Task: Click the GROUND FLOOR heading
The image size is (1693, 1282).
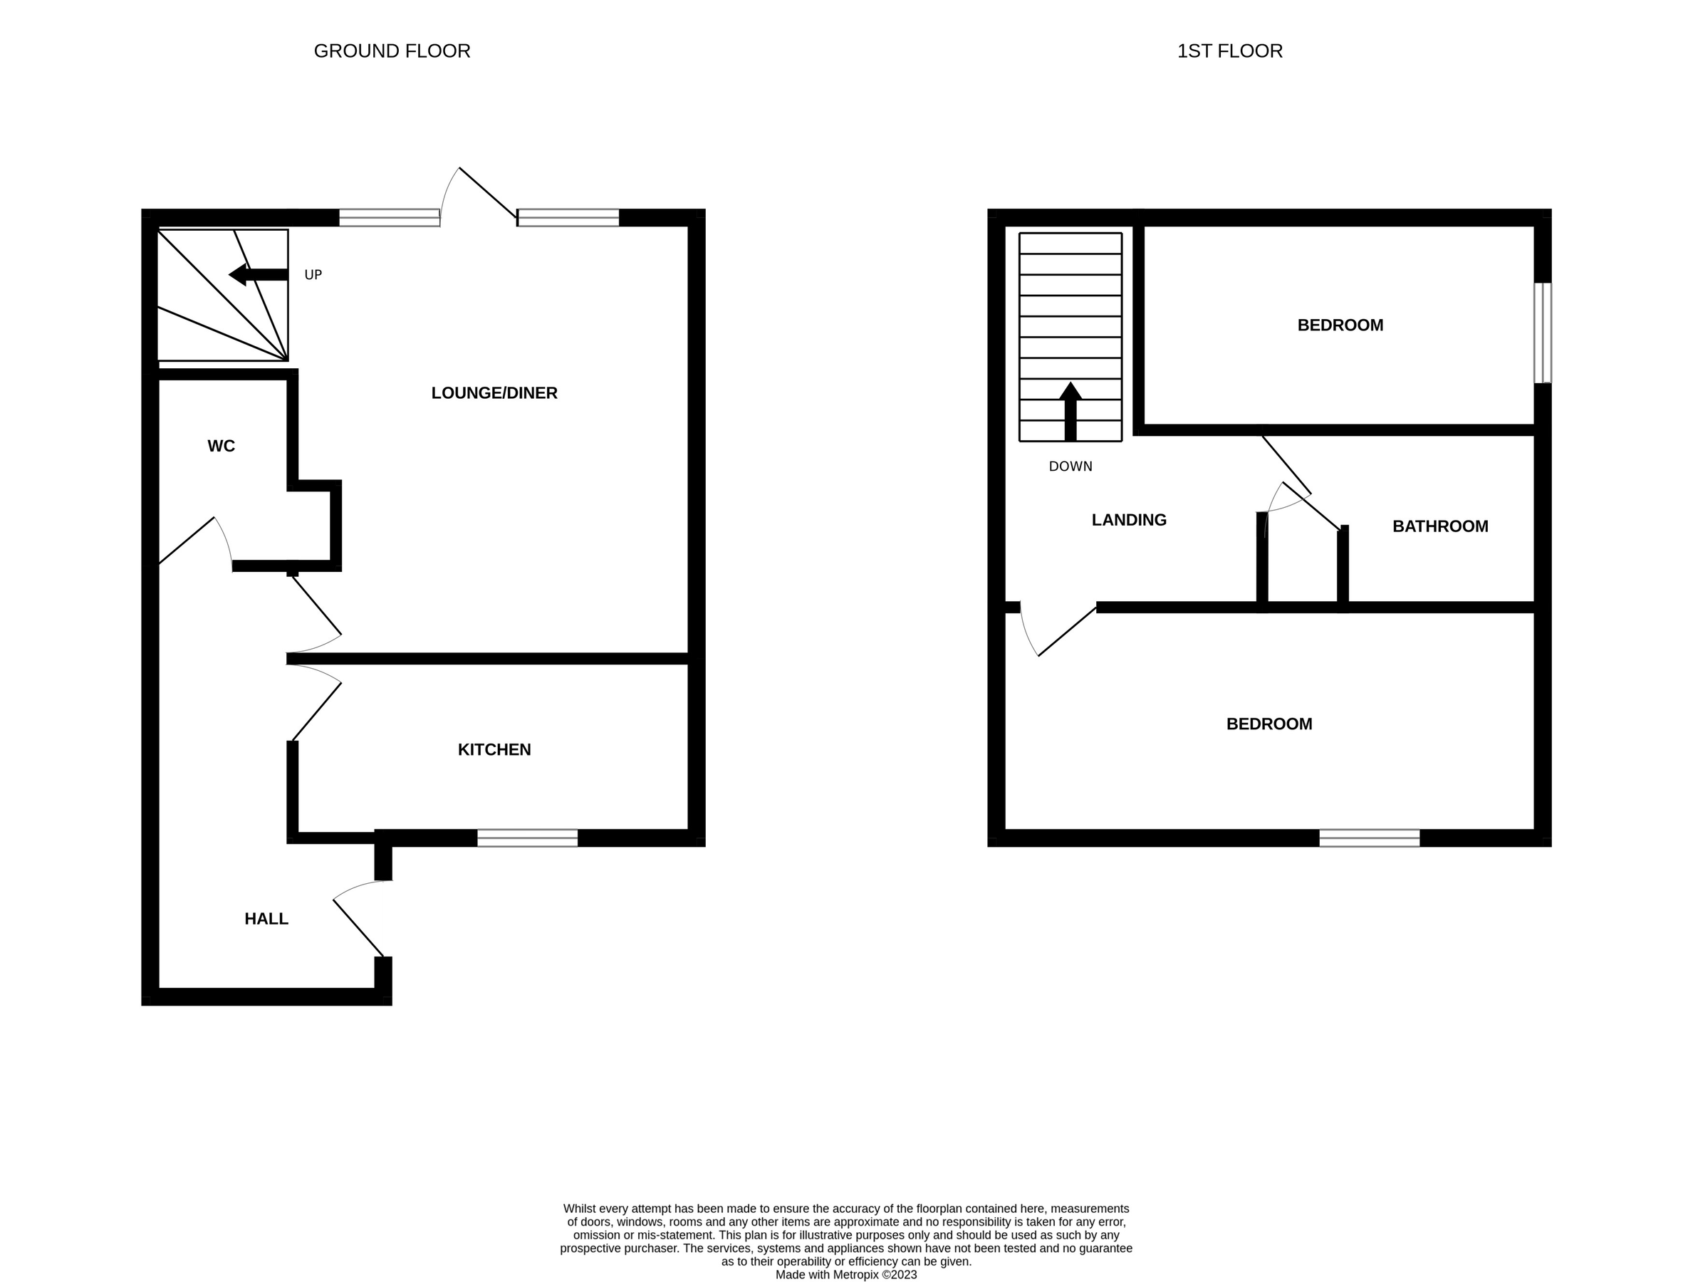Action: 392,51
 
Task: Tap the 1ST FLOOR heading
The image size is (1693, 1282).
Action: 1229,51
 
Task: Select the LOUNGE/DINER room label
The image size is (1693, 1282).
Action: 494,392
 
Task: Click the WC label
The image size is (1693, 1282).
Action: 222,445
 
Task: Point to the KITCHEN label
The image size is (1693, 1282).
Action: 494,749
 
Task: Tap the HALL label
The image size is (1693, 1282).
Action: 266,919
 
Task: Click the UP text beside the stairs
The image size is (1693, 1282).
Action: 313,275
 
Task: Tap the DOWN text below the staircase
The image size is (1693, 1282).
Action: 1070,466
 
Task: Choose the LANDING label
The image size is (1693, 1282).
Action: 1128,520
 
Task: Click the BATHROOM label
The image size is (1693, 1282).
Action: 1439,526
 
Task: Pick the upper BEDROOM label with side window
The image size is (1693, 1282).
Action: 1340,325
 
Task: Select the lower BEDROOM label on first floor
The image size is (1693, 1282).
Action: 1269,724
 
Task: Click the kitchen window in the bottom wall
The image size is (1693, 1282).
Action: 527,838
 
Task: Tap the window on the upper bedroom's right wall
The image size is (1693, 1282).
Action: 1542,332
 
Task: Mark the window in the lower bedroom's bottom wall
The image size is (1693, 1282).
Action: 1369,838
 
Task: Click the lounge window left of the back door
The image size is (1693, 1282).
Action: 390,217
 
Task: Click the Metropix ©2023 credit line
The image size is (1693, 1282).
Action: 845,1274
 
